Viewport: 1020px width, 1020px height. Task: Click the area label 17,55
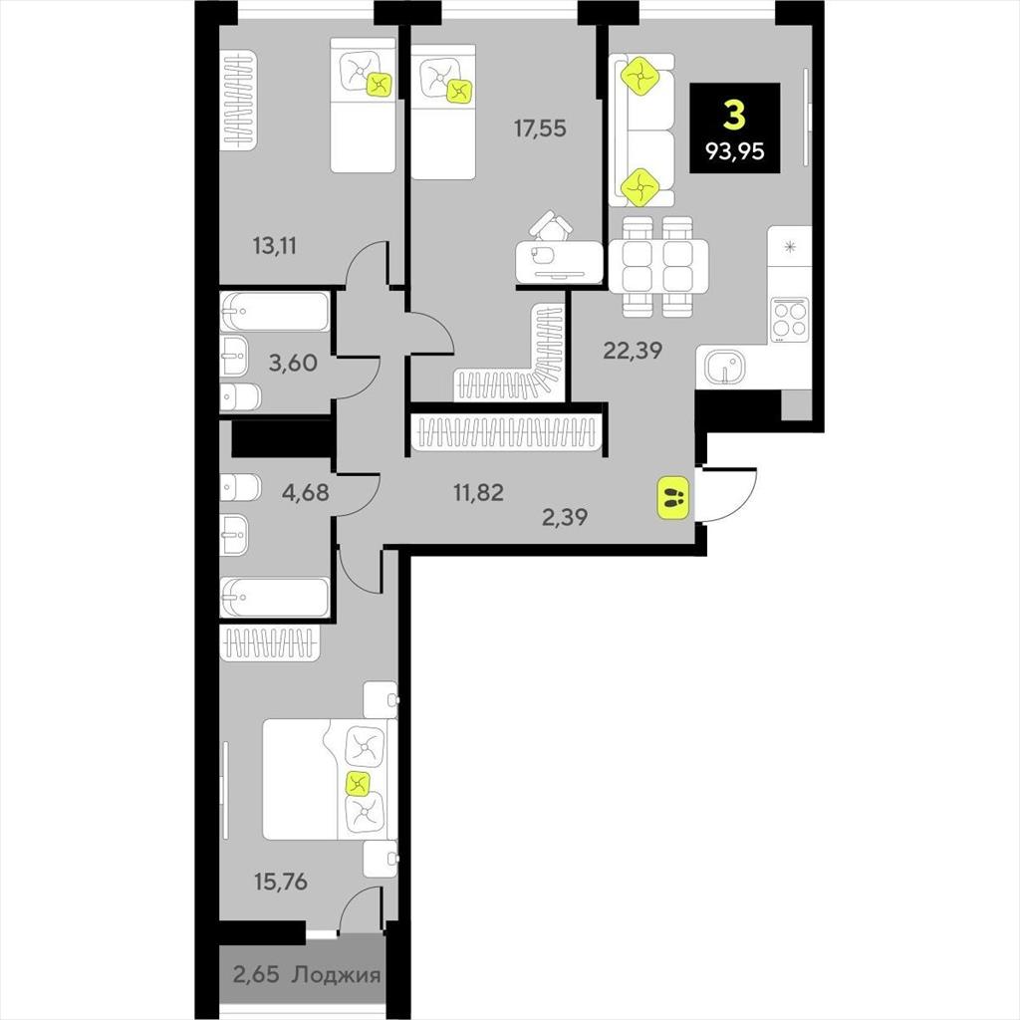(x=540, y=128)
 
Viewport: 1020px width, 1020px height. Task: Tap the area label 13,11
(x=275, y=246)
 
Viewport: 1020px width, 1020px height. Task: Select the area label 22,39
(x=633, y=351)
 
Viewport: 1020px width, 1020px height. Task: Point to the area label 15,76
(x=281, y=883)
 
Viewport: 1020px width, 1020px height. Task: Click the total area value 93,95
(x=735, y=151)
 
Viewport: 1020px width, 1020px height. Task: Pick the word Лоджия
(x=337, y=975)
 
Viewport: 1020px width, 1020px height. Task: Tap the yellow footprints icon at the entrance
(x=673, y=498)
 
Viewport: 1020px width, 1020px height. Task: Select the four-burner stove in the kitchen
(x=790, y=319)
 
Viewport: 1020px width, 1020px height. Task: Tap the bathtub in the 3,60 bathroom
(x=275, y=312)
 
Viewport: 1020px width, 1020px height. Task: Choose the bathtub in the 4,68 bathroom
(x=275, y=598)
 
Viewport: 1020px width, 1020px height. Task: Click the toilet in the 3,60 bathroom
(x=240, y=396)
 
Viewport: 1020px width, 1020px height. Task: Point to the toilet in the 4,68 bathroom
(x=240, y=487)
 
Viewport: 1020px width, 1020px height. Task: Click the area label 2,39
(x=565, y=517)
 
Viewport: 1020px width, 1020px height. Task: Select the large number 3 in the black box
(x=734, y=117)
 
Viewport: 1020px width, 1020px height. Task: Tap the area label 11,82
(x=479, y=492)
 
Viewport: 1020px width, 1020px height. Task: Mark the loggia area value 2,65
(x=256, y=975)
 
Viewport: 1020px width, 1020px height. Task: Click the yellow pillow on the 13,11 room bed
(x=380, y=84)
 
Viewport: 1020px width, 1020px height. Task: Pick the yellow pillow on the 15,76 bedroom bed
(x=358, y=783)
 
